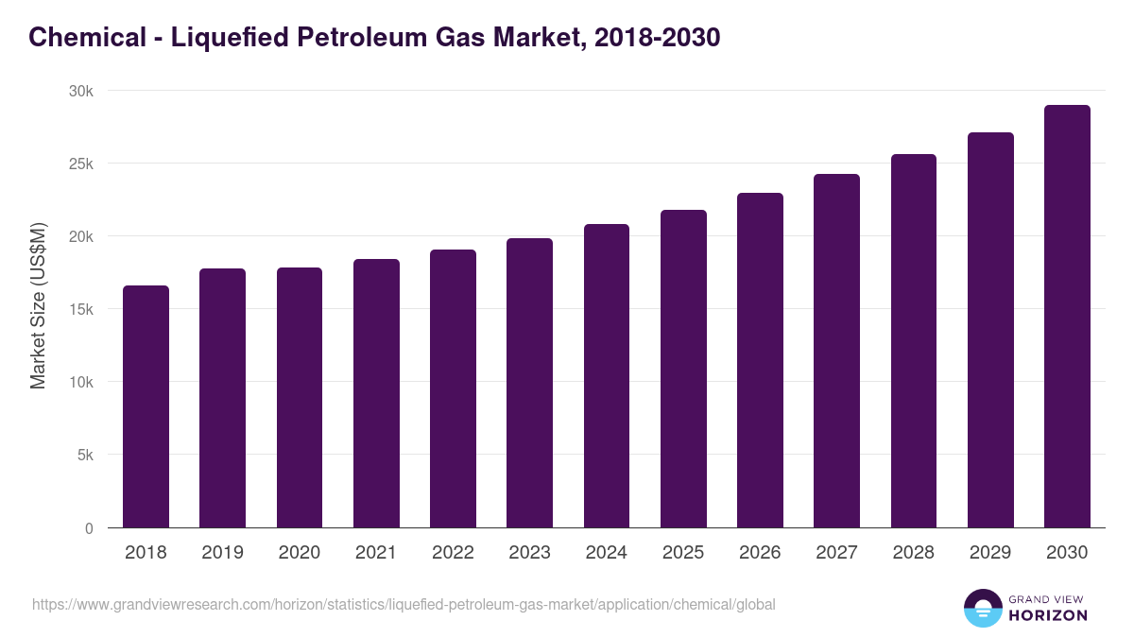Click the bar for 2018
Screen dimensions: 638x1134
tap(146, 406)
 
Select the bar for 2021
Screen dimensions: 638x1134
tap(376, 393)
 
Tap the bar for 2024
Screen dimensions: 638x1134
tap(607, 376)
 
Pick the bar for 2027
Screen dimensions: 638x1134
tap(836, 351)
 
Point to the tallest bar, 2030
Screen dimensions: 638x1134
tap(1067, 317)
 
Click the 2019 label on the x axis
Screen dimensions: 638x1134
tap(222, 553)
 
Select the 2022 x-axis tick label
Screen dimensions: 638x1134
tap(453, 553)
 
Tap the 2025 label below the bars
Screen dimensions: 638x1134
tap(683, 553)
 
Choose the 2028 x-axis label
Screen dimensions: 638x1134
tap(913, 553)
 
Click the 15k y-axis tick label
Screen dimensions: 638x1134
tap(81, 309)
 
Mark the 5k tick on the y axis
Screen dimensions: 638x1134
tap(85, 455)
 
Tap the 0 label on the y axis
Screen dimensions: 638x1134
tap(89, 528)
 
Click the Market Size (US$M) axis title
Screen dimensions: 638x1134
tap(38, 306)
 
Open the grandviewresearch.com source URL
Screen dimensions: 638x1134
tap(404, 604)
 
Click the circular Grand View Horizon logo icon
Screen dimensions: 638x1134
tap(983, 608)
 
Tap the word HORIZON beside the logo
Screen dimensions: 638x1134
tap(1048, 615)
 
